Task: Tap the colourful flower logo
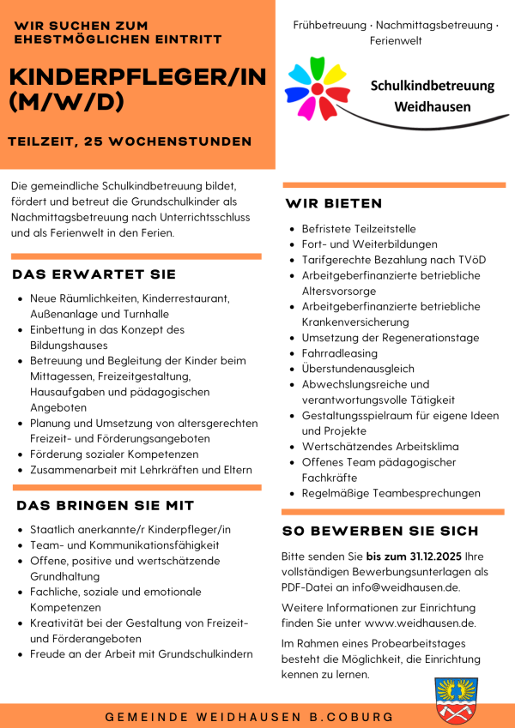[317, 87]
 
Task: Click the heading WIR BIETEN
[334, 203]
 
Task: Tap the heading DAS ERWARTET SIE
[94, 274]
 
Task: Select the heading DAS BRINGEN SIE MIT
[106, 506]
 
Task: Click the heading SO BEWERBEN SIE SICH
[380, 531]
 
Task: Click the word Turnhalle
[142, 314]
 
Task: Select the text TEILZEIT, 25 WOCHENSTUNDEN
[130, 141]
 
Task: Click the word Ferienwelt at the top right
[395, 40]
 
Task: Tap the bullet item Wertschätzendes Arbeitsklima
[379, 447]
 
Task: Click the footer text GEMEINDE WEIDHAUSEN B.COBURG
[250, 716]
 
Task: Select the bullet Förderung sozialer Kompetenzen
[113, 454]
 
